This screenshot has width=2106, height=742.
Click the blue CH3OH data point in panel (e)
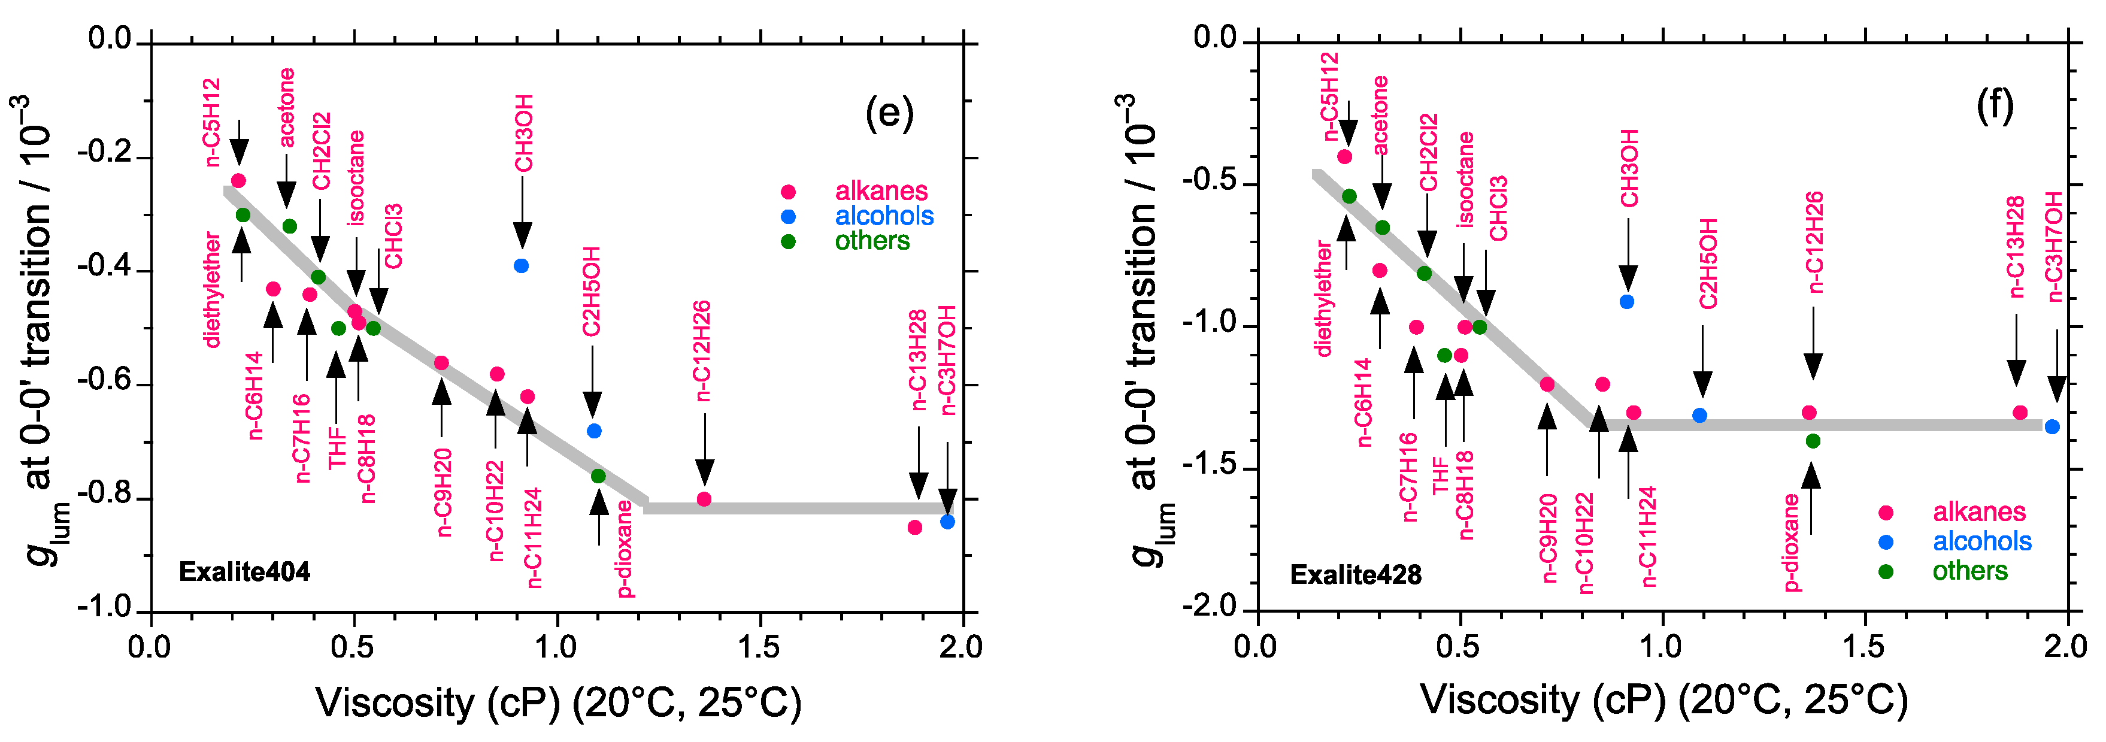click(x=521, y=266)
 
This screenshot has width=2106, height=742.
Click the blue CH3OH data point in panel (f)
click(x=1626, y=302)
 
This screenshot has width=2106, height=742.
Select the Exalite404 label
click(x=244, y=572)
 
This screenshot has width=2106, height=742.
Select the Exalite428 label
click(x=1356, y=575)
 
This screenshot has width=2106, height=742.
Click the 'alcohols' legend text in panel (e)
click(x=884, y=216)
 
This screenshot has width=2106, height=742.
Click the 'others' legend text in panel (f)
click(x=1969, y=571)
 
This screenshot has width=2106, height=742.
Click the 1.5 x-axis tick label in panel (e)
click(x=759, y=647)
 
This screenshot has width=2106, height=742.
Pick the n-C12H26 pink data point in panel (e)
click(x=704, y=499)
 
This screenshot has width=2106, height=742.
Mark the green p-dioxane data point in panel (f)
click(x=1813, y=441)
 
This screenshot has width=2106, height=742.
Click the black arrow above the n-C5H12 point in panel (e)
click(x=239, y=143)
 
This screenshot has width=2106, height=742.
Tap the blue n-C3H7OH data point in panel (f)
click(x=2052, y=427)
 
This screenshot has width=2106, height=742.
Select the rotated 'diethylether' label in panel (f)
click(x=1323, y=299)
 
